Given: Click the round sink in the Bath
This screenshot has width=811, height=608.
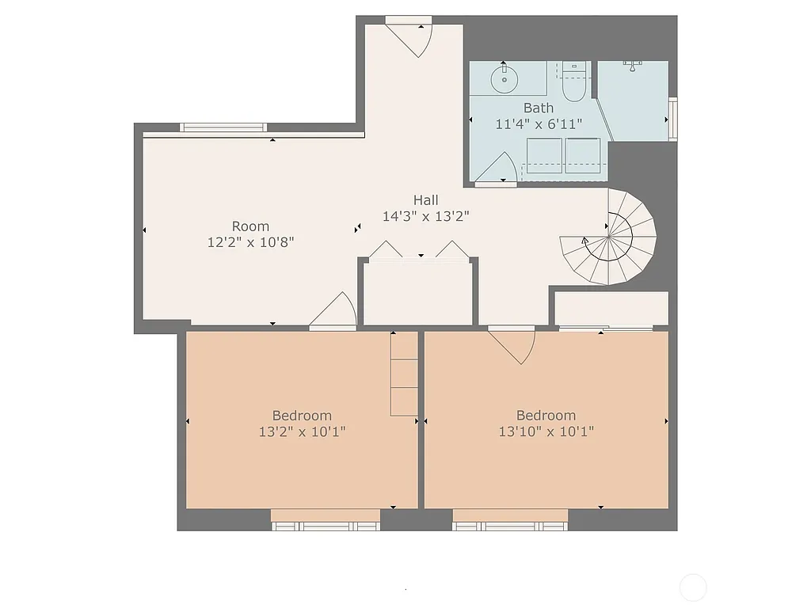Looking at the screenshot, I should pyautogui.click(x=503, y=79).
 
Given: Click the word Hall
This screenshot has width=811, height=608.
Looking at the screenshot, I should pyautogui.click(x=425, y=200).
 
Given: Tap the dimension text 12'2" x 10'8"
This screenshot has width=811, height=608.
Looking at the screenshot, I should pyautogui.click(x=250, y=242).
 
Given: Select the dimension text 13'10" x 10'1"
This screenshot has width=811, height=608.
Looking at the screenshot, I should pyautogui.click(x=546, y=431).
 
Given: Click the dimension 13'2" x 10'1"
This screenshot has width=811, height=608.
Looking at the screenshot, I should pyautogui.click(x=302, y=431).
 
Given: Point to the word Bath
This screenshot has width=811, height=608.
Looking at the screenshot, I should pyautogui.click(x=538, y=108).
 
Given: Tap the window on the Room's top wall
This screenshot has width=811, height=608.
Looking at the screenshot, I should pyautogui.click(x=223, y=127).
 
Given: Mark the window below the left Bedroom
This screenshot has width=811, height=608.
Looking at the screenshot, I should pyautogui.click(x=326, y=525).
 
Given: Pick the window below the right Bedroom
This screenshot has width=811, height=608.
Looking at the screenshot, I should pyautogui.click(x=510, y=525).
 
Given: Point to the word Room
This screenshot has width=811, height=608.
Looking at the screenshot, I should pyautogui.click(x=250, y=226).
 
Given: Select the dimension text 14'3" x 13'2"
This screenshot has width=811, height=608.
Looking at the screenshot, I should pyautogui.click(x=425, y=216).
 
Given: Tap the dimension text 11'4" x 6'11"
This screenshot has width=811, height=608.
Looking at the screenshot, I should pyautogui.click(x=539, y=123).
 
